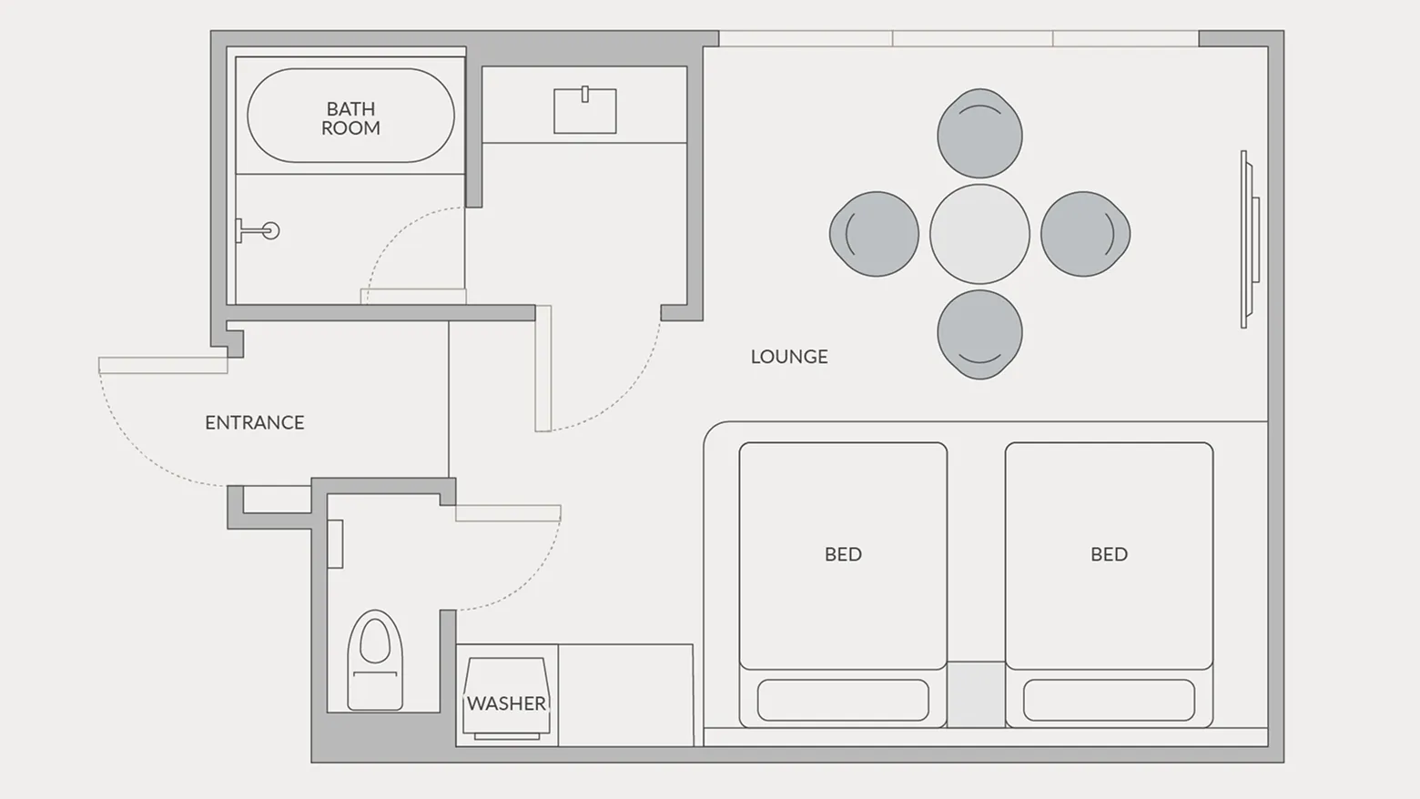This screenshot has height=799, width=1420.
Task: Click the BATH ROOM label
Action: pos(350,118)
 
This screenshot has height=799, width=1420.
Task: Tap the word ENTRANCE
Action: pos(254,422)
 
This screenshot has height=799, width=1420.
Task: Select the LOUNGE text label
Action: pos(789,357)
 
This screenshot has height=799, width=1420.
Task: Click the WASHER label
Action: pos(506,703)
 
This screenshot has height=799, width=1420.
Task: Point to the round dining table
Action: pos(979,234)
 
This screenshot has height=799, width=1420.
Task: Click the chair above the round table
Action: pos(979,133)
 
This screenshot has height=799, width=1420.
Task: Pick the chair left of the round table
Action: pos(874,234)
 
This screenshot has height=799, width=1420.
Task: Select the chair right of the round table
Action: pos(1085,234)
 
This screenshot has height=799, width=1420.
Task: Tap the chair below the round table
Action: pos(979,335)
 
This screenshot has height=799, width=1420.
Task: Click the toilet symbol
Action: pos(375,661)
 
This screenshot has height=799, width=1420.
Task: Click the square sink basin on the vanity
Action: pos(585,111)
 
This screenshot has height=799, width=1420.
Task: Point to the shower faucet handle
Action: pos(258,230)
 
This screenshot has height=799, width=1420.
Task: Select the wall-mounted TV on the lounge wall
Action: pos(1250,238)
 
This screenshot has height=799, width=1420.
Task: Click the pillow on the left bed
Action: pos(843,700)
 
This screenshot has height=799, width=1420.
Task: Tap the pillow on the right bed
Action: pos(1109,700)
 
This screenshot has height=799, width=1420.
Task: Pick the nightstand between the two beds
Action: pos(976,694)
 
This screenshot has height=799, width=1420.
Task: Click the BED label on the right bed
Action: pos(1109,554)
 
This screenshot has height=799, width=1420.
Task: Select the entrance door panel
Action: pos(163,366)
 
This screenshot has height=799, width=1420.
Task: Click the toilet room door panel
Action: pos(508,513)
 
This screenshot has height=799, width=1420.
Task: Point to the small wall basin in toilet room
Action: pos(335,543)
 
